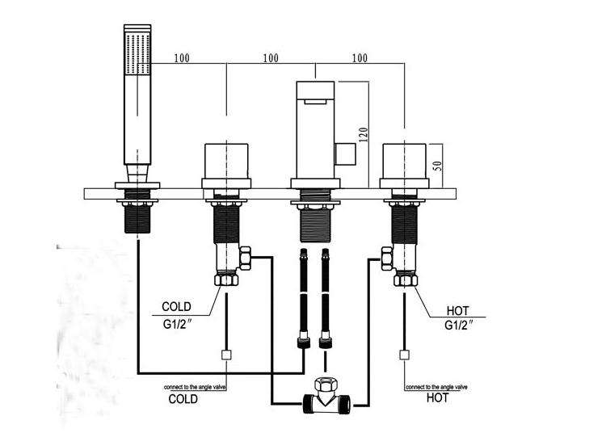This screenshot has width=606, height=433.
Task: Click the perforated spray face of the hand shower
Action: point(137,54)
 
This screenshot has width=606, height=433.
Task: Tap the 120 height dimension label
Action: point(364,134)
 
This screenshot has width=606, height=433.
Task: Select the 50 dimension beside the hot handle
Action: point(437,166)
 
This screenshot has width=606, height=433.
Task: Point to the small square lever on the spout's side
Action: point(346,154)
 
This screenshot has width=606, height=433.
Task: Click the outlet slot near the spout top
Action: point(316,102)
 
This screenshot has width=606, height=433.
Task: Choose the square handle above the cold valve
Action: point(226,161)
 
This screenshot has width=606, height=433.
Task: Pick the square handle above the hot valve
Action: point(404,161)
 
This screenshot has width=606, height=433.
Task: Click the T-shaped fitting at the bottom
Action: point(326,403)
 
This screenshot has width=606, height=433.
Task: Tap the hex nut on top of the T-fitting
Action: point(326,385)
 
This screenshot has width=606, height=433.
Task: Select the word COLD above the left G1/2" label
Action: point(176,307)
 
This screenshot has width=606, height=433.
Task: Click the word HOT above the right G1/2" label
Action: point(457,311)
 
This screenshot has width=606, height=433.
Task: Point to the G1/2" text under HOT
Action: point(459,325)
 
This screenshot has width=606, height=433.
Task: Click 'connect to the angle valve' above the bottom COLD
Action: point(195,387)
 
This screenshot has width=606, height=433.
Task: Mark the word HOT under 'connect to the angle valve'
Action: point(437,397)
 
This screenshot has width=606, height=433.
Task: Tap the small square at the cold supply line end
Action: point(226,355)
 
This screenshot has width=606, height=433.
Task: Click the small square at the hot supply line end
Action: point(404,355)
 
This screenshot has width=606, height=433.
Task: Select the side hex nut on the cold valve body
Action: point(246,259)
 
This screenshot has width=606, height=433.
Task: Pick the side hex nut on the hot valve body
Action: point(387,259)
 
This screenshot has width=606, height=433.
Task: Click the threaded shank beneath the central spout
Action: point(316,225)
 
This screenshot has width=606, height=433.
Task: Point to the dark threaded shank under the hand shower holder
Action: point(137,219)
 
